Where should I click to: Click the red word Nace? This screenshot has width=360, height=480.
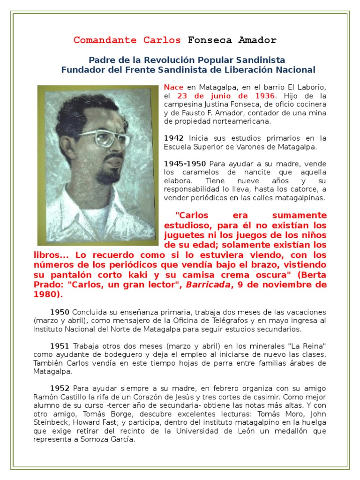pyautogui.click(x=173, y=87)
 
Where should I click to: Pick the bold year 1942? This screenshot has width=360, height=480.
pyautogui.click(x=174, y=138)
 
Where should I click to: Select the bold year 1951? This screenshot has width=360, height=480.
pyautogui.click(x=60, y=346)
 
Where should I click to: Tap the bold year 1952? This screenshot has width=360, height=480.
pyautogui.click(x=60, y=388)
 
